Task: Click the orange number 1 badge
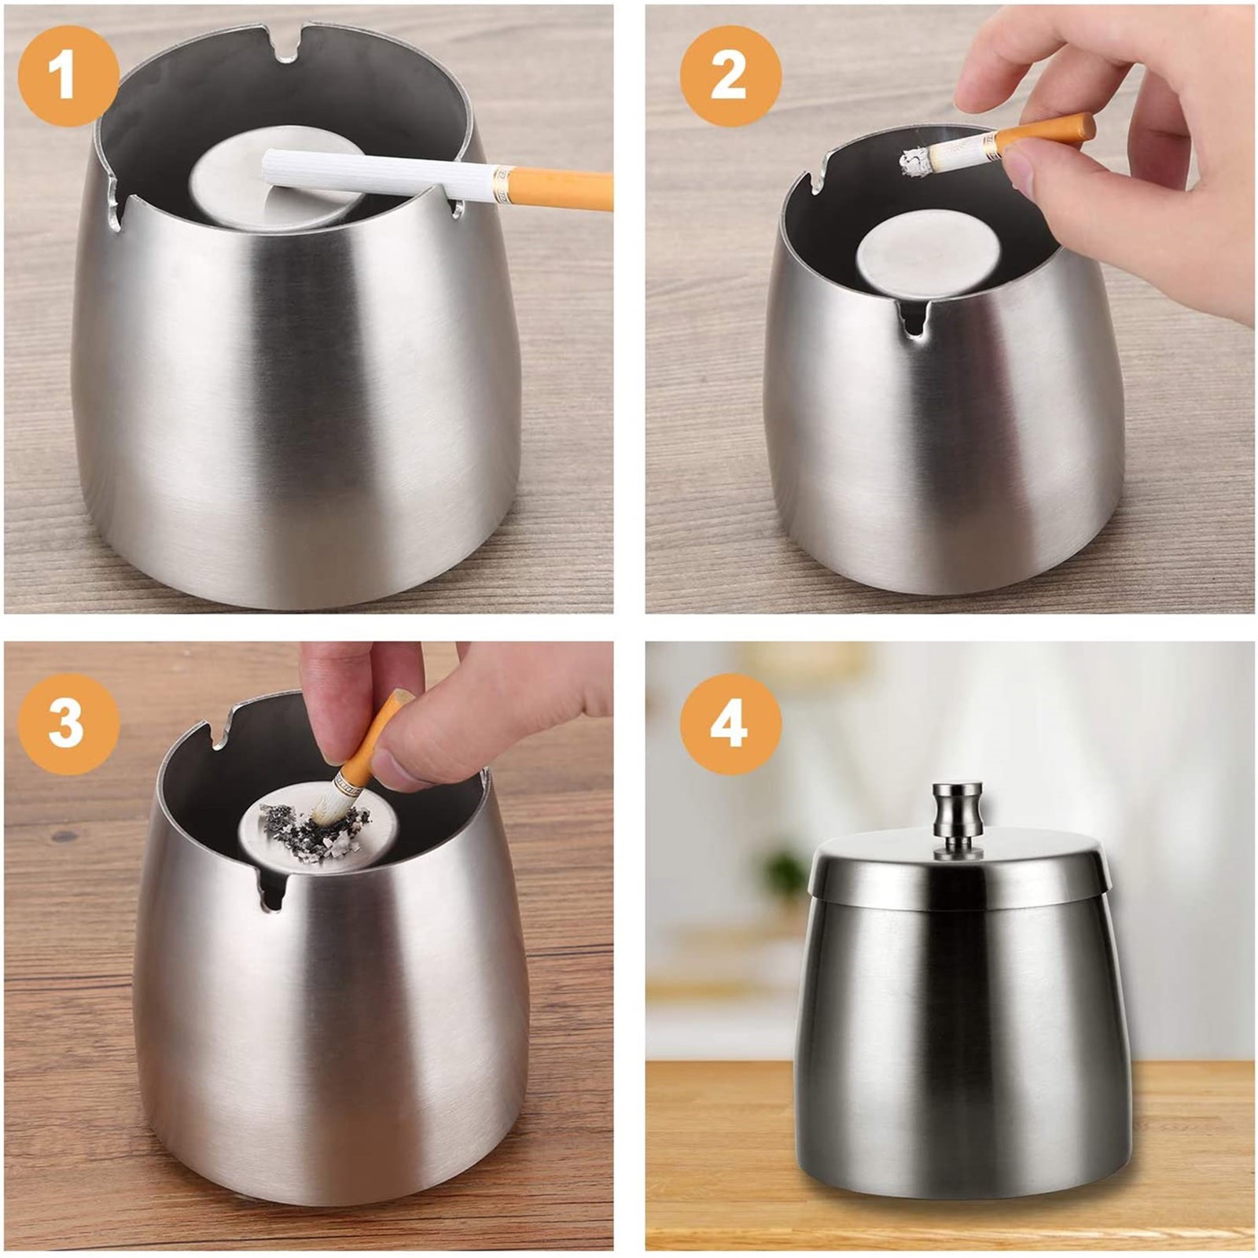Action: tap(68, 76)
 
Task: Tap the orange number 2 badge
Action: tap(730, 76)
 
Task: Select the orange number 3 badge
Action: tap(68, 723)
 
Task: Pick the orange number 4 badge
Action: tap(730, 723)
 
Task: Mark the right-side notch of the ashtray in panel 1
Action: tap(456, 207)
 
